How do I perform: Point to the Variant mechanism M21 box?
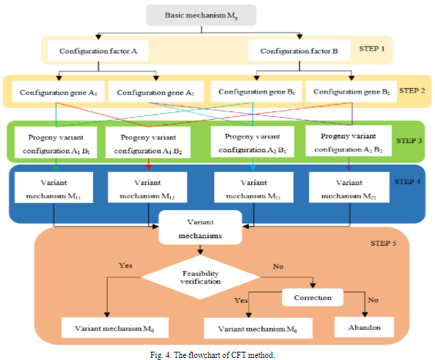[253, 187]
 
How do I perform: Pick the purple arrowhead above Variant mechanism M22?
[349, 167]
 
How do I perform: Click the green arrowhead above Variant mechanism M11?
[55, 166]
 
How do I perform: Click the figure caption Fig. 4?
[217, 354]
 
